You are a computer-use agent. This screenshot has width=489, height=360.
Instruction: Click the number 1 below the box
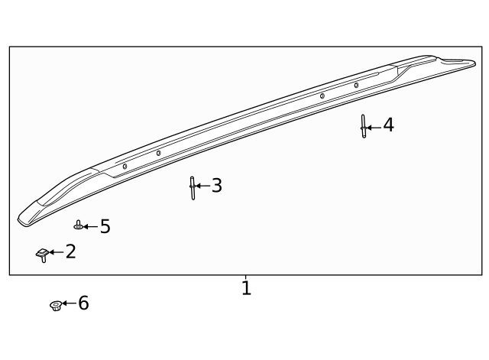click(246, 289)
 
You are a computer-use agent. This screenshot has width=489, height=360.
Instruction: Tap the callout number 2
click(71, 251)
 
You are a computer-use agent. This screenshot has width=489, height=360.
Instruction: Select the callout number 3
click(217, 186)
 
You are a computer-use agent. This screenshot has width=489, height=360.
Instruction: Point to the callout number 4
click(388, 125)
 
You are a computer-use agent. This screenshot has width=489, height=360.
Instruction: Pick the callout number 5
click(105, 227)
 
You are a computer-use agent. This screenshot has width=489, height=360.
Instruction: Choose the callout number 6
click(83, 303)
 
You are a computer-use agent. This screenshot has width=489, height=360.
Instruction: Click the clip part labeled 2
click(43, 254)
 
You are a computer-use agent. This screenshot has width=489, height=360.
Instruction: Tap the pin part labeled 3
click(193, 187)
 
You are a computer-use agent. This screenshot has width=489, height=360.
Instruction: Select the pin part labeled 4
click(364, 126)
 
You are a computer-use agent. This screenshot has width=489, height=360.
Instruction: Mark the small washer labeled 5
click(78, 226)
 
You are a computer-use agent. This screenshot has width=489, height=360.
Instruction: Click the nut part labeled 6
click(55, 306)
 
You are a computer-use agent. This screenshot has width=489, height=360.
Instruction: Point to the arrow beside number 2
click(57, 251)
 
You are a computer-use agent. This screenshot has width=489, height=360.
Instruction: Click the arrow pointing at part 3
click(203, 186)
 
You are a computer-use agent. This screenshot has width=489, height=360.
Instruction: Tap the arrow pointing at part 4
click(374, 127)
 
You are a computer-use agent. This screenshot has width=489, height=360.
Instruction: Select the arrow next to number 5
click(91, 227)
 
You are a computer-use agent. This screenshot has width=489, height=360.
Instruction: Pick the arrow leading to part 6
click(69, 303)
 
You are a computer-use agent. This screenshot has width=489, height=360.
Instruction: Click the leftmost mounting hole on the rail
click(125, 166)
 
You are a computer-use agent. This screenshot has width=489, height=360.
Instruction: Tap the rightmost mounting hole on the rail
click(356, 85)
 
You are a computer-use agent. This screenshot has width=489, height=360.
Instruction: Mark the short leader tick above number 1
click(245, 278)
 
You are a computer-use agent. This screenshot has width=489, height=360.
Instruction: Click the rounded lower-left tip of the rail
click(23, 219)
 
